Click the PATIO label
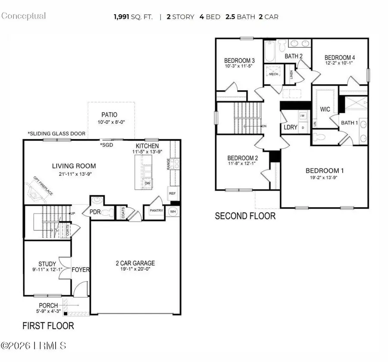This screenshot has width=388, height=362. (109, 115)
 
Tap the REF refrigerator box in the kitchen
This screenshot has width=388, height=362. (172, 193)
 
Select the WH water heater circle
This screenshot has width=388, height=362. (173, 212)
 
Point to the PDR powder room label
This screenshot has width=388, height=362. (95, 212)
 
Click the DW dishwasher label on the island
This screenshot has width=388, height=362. (147, 183)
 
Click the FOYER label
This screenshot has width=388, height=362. (81, 270)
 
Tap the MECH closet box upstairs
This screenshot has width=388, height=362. (274, 74)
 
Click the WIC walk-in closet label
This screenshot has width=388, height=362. (325, 109)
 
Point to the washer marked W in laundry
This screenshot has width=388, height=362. (302, 115)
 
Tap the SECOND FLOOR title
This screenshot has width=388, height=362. (245, 216)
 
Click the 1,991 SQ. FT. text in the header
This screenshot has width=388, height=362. (134, 17)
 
